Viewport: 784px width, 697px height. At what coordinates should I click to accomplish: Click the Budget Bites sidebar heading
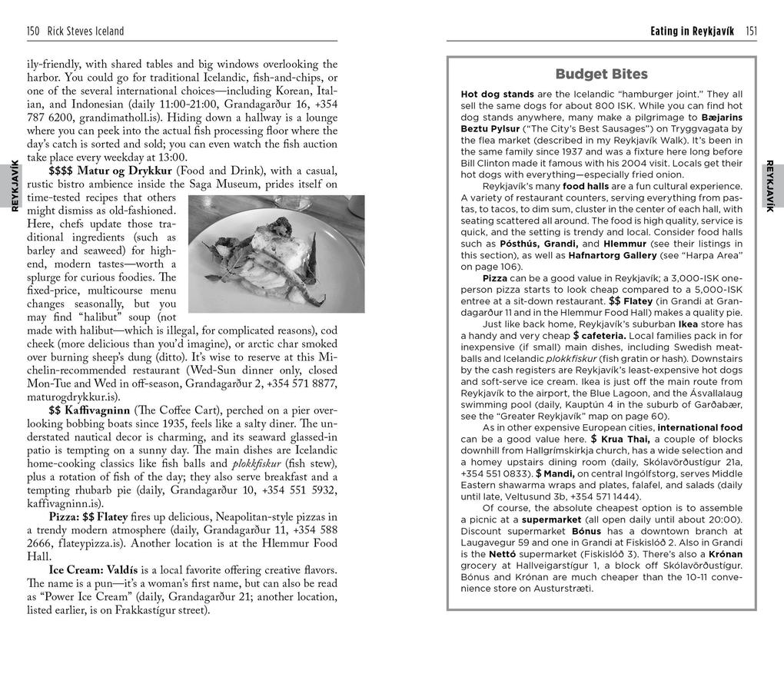[601, 75]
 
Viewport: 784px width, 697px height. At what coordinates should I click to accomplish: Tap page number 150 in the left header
[33, 32]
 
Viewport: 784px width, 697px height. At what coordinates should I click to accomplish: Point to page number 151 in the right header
[750, 32]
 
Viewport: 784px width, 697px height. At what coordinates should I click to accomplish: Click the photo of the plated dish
[276, 254]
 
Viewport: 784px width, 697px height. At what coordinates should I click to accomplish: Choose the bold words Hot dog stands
[497, 95]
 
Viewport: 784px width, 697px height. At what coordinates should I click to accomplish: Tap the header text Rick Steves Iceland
[85, 32]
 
